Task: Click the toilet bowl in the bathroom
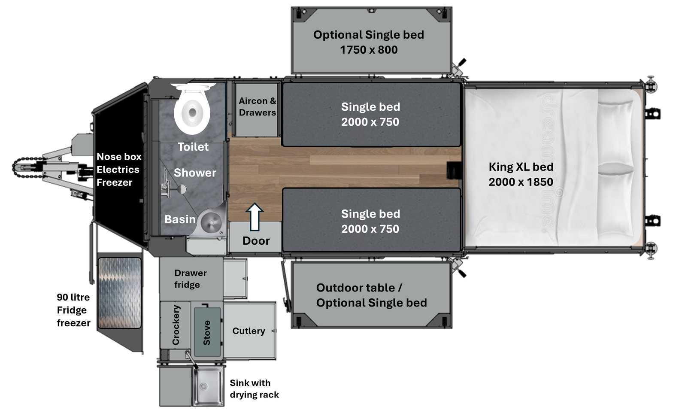192,110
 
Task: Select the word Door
256,241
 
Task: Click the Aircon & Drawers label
258,107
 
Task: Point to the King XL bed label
521,174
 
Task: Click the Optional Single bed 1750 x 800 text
369,42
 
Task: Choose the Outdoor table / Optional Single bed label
372,295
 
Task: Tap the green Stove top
207,332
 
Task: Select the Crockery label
176,325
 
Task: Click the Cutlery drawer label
249,331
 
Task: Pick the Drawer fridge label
191,279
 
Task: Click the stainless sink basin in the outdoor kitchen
208,386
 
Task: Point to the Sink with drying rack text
255,389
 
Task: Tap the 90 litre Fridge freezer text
74,310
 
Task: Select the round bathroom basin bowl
211,222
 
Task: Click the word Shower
195,173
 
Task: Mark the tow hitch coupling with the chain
29,167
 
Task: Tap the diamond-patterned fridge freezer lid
120,293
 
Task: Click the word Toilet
193,147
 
